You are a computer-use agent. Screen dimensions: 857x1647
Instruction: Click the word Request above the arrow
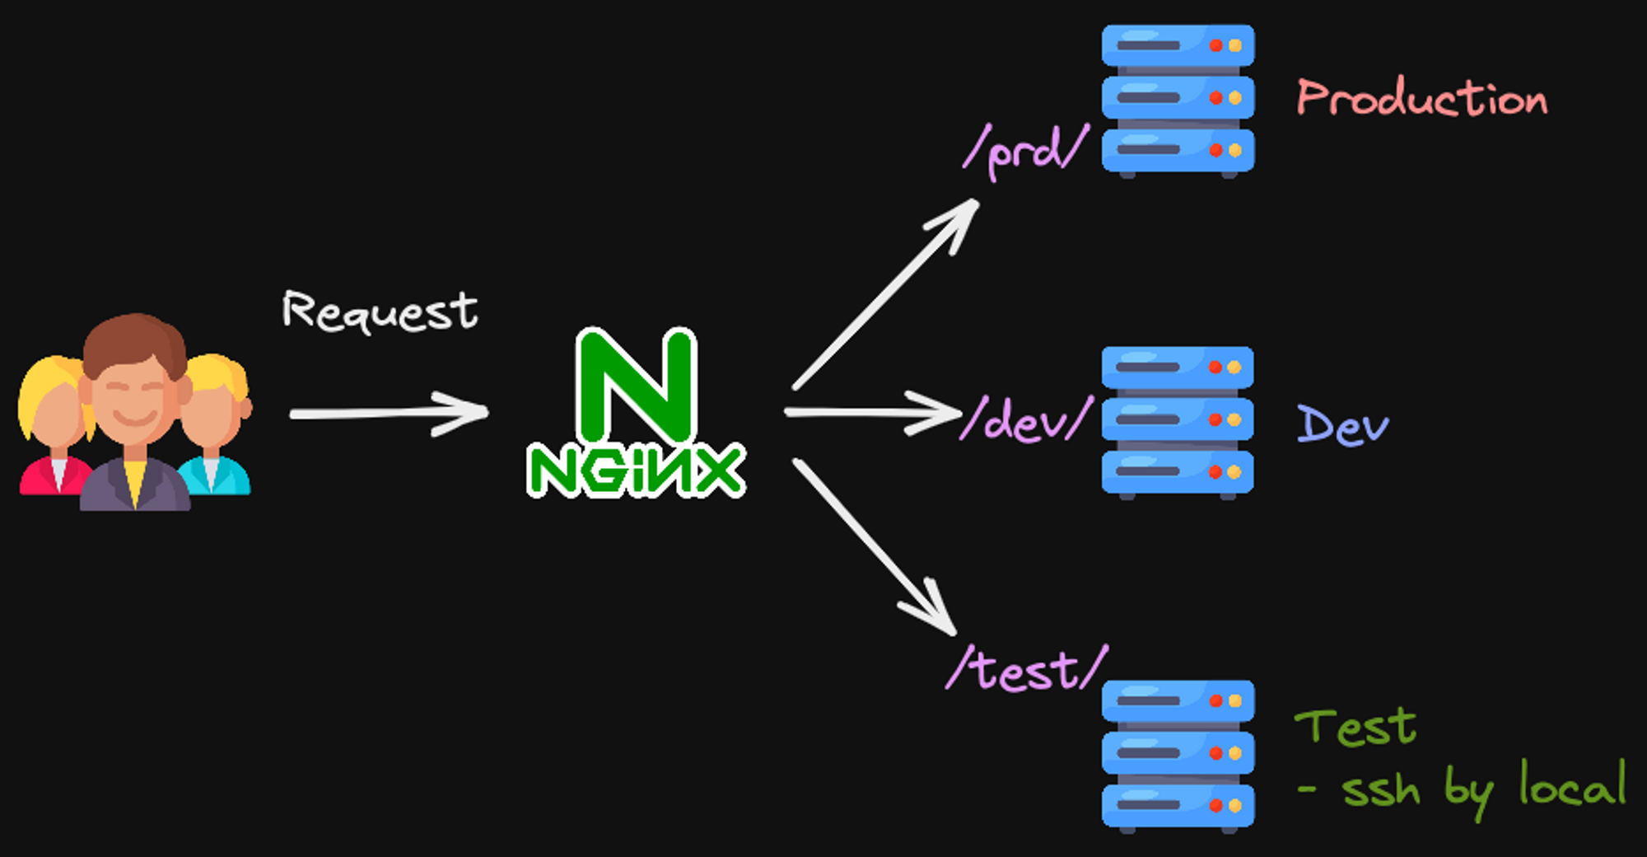coord(380,311)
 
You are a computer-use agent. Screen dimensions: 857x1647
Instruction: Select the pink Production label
coord(1422,98)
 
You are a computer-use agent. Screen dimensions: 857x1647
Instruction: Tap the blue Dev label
coord(1342,425)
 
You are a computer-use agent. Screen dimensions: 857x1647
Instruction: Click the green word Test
coord(1355,727)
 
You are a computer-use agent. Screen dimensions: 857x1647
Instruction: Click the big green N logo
coord(637,385)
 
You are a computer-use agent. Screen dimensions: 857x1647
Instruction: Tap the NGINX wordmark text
coord(636,471)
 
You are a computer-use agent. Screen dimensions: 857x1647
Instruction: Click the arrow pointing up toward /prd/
coord(886,293)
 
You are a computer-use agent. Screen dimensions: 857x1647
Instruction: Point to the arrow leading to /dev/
coord(873,412)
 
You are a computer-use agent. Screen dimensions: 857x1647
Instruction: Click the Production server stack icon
coord(1178,99)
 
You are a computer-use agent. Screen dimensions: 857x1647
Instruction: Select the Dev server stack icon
coord(1178,420)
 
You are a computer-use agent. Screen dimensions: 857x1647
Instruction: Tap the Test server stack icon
coord(1178,754)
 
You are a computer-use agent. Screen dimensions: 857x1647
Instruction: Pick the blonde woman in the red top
coord(54,428)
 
